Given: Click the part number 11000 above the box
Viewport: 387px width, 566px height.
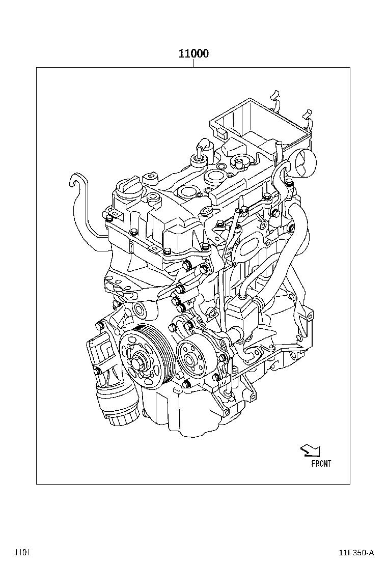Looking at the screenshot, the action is pos(194,53).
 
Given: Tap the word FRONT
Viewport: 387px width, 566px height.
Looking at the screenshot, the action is pos(321,464).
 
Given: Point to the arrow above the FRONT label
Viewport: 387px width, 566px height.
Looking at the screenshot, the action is pos(310,450).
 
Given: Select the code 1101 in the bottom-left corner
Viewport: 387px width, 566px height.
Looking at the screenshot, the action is pos(22,553).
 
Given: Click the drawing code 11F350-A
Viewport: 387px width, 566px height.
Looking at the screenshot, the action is pos(356,553).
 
